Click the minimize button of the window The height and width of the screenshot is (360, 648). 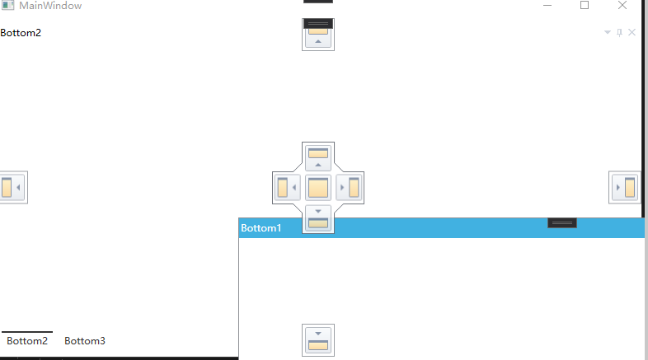pyautogui.click(x=547, y=6)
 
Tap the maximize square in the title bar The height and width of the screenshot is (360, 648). pyautogui.click(x=585, y=6)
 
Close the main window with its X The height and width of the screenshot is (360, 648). pyautogui.click(x=622, y=6)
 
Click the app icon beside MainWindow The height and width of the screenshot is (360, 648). pyautogui.click(x=8, y=6)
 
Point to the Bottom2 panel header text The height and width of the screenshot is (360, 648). pyautogui.click(x=21, y=33)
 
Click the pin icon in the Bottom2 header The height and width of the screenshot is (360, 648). pyautogui.click(x=620, y=33)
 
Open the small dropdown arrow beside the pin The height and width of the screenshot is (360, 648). pyautogui.click(x=608, y=33)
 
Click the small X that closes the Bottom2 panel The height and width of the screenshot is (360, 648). pyautogui.click(x=632, y=33)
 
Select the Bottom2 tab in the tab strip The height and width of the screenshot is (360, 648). pyautogui.click(x=27, y=341)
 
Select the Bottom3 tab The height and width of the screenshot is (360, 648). pyautogui.click(x=85, y=341)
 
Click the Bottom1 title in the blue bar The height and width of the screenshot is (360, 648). pyautogui.click(x=261, y=228)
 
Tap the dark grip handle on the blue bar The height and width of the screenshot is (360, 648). pyautogui.click(x=562, y=223)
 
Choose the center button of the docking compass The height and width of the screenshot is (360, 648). pyautogui.click(x=318, y=188)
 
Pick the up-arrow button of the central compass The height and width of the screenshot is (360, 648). pyautogui.click(x=318, y=157)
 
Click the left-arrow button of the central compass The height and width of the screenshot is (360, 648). pyautogui.click(x=287, y=188)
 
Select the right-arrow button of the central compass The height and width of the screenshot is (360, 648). pyautogui.click(x=350, y=188)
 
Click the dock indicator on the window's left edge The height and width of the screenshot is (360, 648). pyautogui.click(x=12, y=188)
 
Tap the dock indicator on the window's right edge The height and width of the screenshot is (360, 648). pyautogui.click(x=624, y=188)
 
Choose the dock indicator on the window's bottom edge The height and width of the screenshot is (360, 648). pyautogui.click(x=318, y=339)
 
